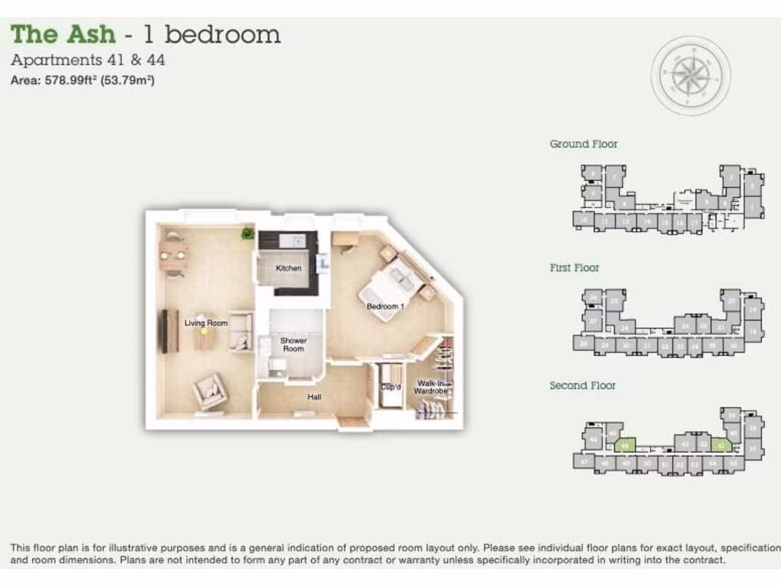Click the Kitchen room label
click(288, 268)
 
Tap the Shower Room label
click(293, 345)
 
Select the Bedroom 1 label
click(385, 307)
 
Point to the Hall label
click(314, 397)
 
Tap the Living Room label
click(206, 323)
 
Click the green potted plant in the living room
click(247, 233)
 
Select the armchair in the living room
click(208, 391)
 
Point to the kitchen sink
click(291, 240)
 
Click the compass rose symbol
click(690, 75)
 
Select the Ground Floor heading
click(583, 143)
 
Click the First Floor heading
click(574, 268)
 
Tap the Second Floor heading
click(583, 385)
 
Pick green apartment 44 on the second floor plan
click(625, 444)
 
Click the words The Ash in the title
click(63, 34)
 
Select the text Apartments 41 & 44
click(88, 60)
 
